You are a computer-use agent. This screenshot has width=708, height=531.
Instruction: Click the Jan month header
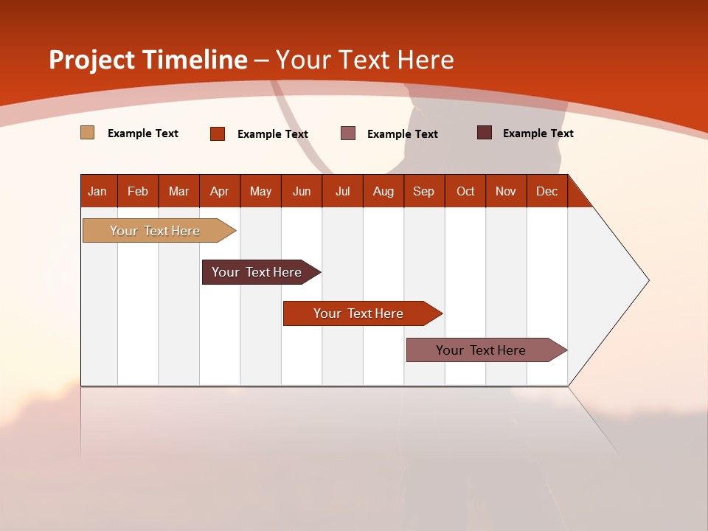(97, 191)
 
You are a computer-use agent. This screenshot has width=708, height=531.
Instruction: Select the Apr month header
(219, 191)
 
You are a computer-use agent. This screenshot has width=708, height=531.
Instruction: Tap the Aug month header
(383, 191)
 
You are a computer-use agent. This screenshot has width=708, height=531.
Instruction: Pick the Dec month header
(546, 191)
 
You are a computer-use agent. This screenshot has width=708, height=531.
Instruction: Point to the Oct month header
(465, 191)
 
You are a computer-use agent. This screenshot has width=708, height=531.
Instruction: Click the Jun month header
(301, 191)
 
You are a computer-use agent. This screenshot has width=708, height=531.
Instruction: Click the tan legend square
(88, 133)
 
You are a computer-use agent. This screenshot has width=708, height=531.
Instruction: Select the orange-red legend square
(218, 133)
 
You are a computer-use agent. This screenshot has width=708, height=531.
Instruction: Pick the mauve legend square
(348, 133)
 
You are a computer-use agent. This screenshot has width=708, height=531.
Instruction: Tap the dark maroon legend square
(485, 133)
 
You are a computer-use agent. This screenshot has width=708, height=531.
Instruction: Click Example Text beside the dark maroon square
(538, 133)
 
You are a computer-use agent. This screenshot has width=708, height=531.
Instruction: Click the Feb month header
(138, 191)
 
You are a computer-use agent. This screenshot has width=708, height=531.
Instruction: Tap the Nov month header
(505, 191)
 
